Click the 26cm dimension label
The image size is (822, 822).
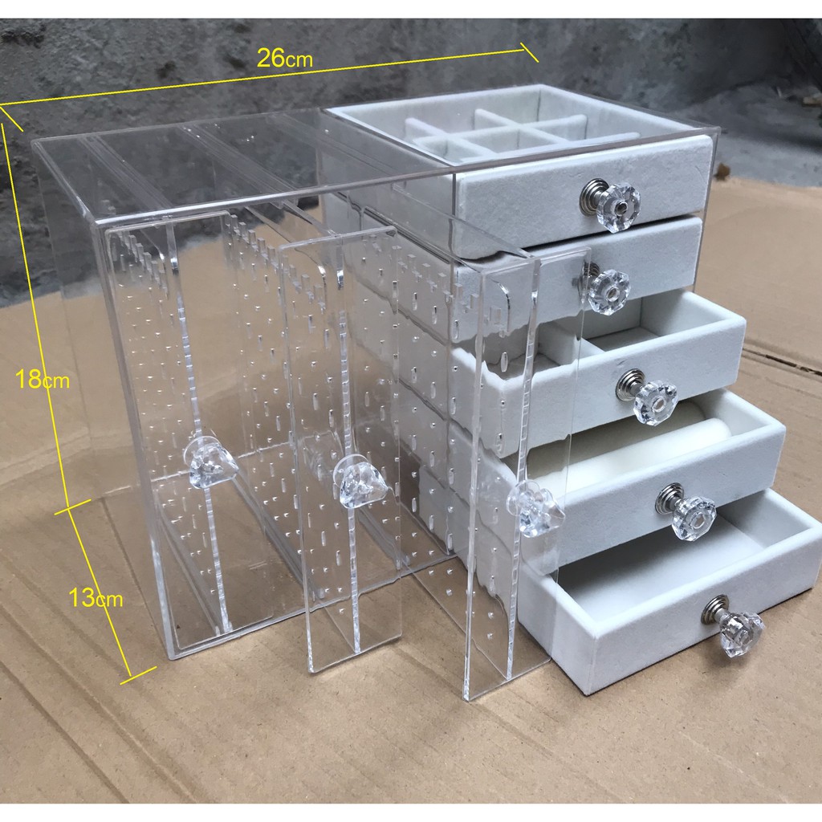pos(285,58)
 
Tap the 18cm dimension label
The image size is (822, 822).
pos(42,379)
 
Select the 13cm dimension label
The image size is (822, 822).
pos(96,597)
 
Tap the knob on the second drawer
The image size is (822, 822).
pos(605,288)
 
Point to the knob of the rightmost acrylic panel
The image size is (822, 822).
pos(534,508)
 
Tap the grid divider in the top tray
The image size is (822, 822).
pos(498,132)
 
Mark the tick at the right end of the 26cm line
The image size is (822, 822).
pos(529,51)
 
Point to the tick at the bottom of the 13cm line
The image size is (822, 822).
pos(138,675)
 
